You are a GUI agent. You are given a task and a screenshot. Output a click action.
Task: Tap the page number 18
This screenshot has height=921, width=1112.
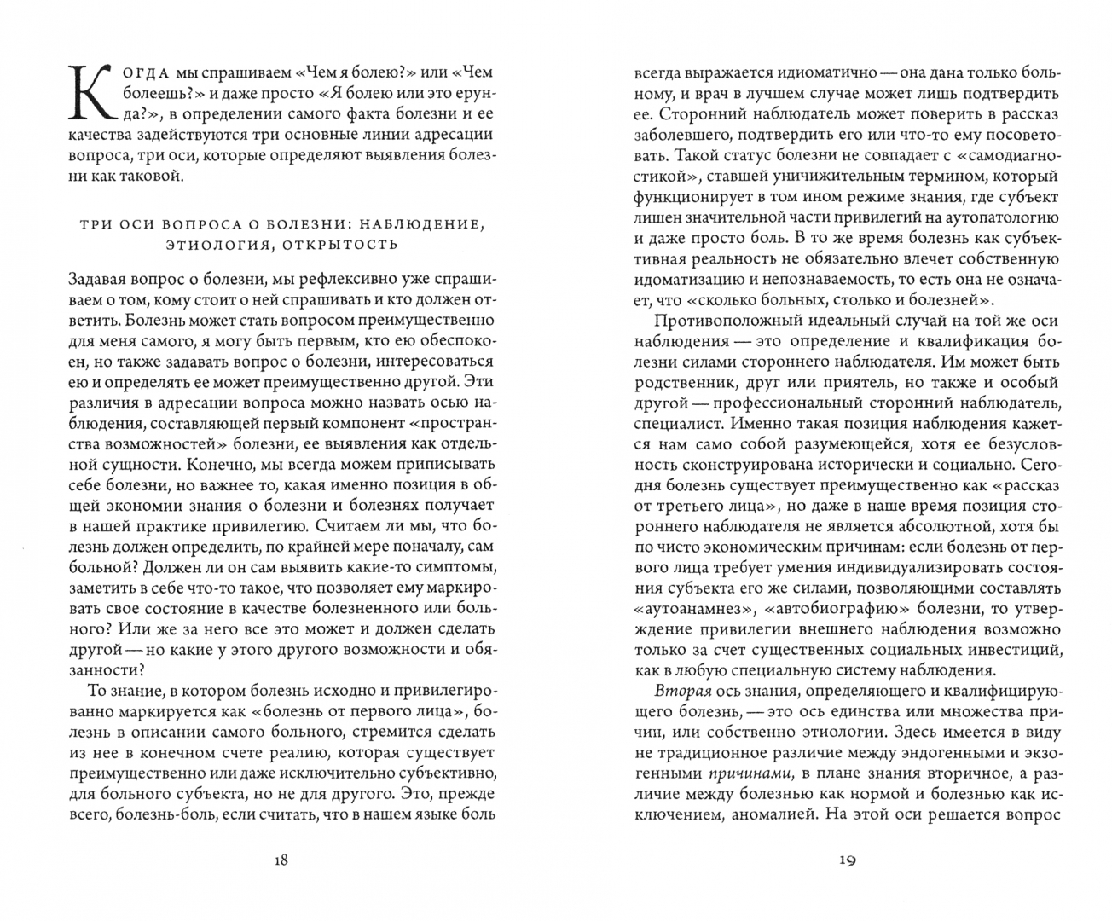tap(281, 859)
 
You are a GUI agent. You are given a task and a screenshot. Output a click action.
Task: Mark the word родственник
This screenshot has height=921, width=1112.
tap(682, 383)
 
